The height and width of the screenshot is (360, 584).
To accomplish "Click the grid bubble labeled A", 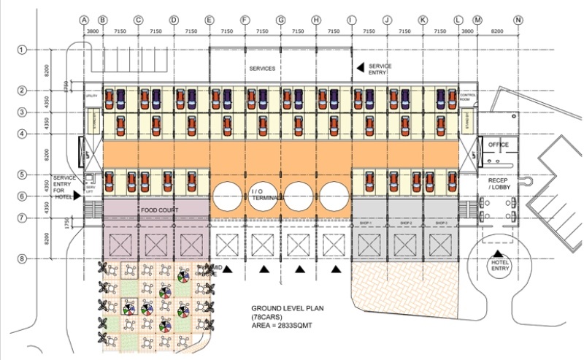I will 85,20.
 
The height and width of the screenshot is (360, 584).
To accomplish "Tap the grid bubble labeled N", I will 518,20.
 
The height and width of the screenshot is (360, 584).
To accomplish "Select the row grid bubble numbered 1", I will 22,49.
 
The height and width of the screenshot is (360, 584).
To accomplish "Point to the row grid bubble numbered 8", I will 22,258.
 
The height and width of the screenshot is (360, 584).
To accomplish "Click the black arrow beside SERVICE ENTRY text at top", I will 359,68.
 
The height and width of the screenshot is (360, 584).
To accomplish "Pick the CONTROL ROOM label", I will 467,97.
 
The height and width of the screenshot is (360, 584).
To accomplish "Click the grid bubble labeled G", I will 280,20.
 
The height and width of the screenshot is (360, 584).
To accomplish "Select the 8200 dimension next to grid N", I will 498,33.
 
